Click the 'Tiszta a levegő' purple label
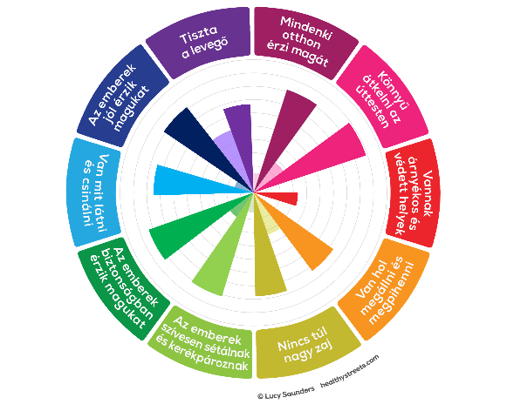click(202, 43)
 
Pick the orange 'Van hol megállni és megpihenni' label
click(385, 289)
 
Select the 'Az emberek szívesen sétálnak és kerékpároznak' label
click(203, 344)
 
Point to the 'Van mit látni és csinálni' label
click(93, 192)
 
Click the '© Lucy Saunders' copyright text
click(286, 393)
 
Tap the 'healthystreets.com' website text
click(349, 372)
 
